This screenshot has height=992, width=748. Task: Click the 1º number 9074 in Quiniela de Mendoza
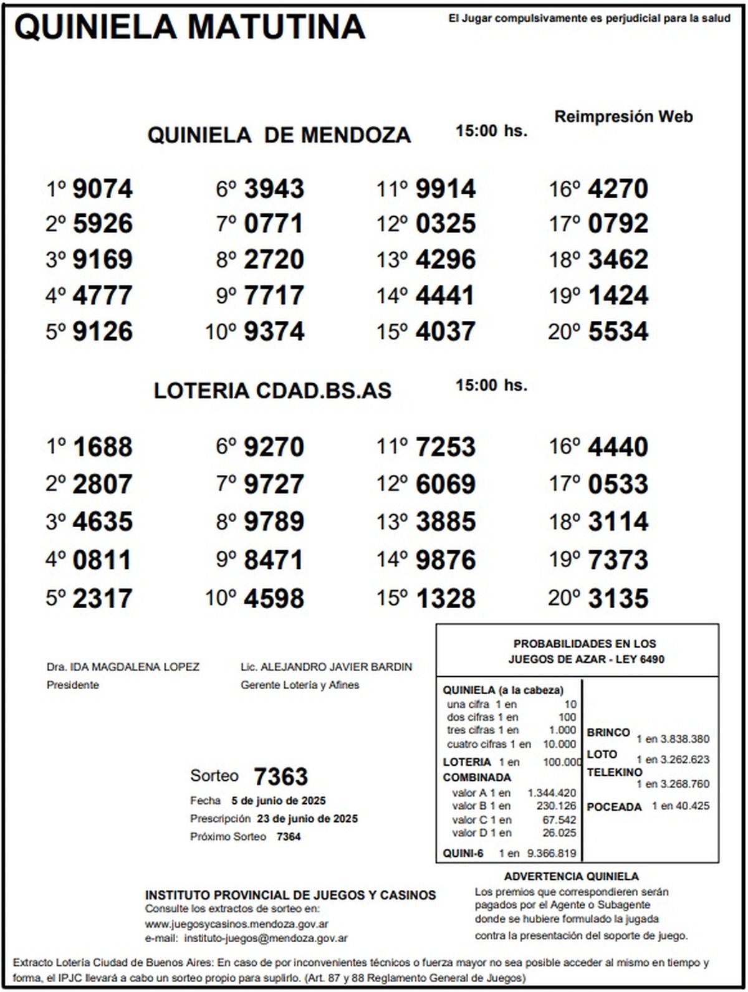[102, 189]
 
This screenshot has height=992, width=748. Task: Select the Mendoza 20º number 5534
[618, 331]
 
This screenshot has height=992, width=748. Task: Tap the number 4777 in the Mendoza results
[102, 295]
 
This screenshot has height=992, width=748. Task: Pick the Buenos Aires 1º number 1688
[102, 447]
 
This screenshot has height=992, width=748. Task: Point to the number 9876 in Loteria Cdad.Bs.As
[445, 560]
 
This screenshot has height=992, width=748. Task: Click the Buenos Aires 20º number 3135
[618, 598]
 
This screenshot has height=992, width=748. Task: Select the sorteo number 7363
[280, 777]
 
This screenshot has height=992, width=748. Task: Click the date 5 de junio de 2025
[278, 801]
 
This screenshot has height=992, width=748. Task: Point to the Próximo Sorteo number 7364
[288, 837]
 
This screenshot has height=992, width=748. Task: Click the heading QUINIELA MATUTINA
[189, 27]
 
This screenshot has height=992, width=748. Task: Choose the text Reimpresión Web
[623, 117]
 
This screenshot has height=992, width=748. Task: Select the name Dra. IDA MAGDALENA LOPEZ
[123, 667]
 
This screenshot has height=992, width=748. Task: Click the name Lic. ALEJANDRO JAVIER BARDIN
[326, 667]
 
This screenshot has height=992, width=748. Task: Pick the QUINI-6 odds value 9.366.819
[551, 854]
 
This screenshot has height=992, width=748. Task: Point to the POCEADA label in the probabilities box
[614, 807]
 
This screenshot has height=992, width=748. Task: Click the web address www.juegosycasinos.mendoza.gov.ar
[237, 924]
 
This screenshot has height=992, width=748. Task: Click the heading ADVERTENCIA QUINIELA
[571, 877]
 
